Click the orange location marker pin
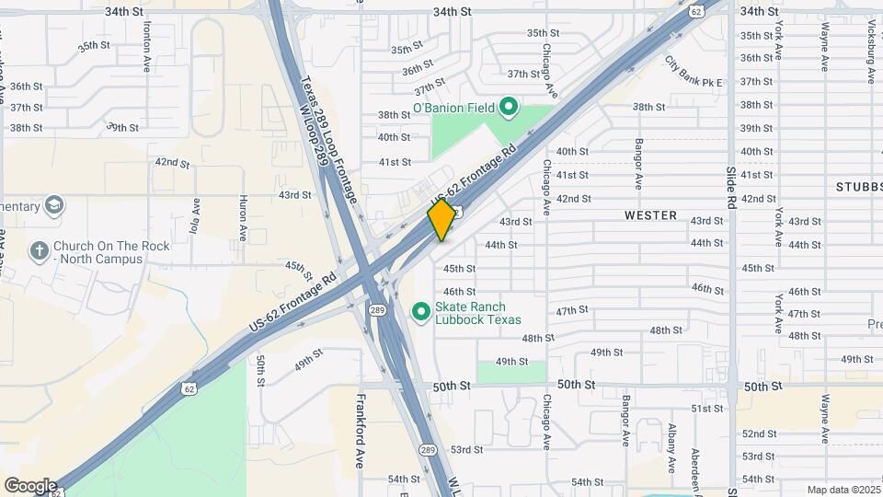pos(441,220)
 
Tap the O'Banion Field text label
pos(453,109)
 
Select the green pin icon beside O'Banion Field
pos(509,109)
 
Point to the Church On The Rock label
pos(97,252)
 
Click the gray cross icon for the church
pos(39,250)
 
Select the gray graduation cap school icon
pos(54,203)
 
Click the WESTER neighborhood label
pos(650,215)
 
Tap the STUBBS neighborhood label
pos(858,186)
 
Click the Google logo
pos(30,485)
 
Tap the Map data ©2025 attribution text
pos(843,490)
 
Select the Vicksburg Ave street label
pos(846,37)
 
